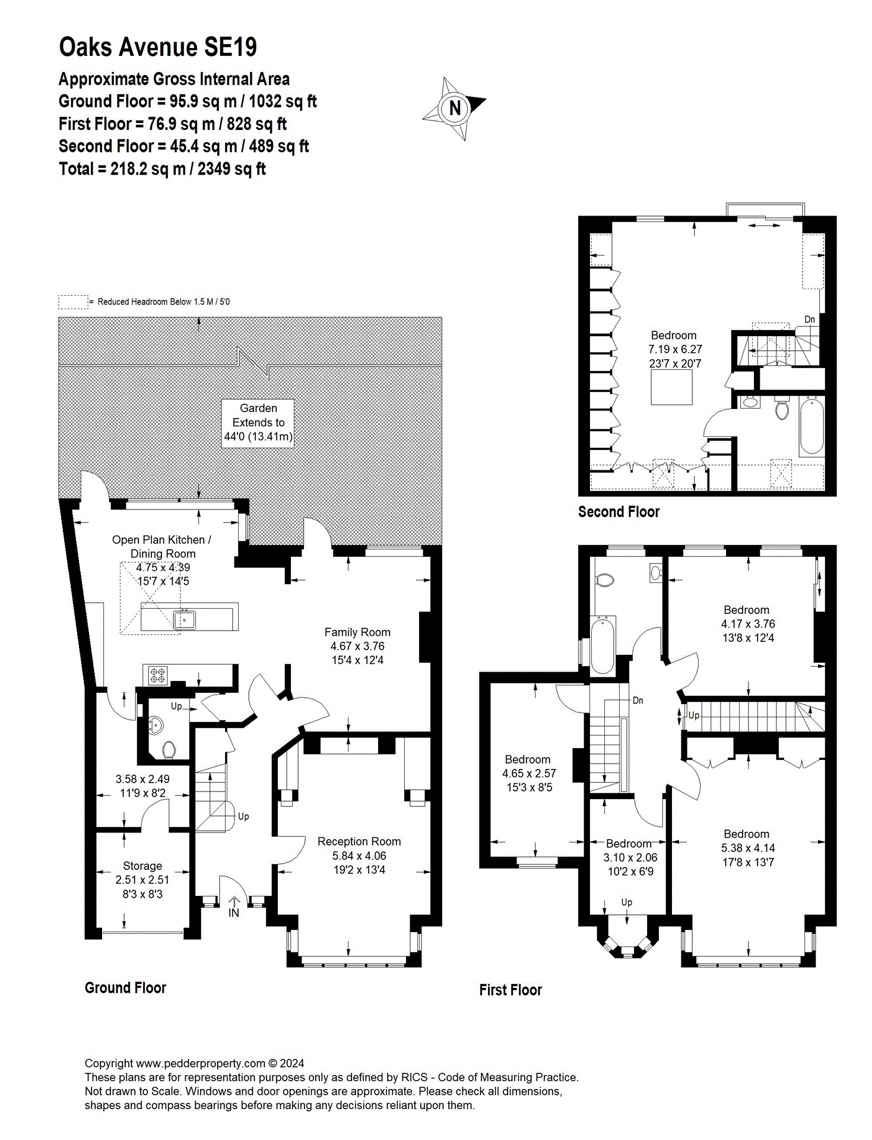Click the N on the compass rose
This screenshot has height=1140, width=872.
pos(455,108)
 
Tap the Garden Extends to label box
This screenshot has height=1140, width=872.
pos(258,423)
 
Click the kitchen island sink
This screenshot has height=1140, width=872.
pos(184,619)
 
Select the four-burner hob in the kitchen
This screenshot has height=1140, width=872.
pos(157,675)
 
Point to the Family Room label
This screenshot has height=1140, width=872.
pos(357,632)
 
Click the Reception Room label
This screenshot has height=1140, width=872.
pos(359,841)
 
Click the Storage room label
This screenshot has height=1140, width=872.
pos(142,866)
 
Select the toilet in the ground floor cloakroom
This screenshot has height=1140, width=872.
pos(169,750)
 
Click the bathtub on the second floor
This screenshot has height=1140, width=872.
pos(811,426)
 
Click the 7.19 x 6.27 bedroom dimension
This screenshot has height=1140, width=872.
pos(675,349)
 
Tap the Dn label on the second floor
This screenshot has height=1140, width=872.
pos(809,319)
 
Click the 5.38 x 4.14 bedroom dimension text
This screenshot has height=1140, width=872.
pos(747,848)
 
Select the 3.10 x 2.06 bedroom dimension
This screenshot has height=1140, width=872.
pos(630,857)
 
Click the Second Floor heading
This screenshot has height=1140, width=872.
pos(619,512)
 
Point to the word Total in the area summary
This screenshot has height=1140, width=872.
pos(76,169)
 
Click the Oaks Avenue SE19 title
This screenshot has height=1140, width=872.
pos(158,47)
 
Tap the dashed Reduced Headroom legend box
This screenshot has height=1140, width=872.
pos(72,302)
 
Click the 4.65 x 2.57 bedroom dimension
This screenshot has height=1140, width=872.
pos(528,773)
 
